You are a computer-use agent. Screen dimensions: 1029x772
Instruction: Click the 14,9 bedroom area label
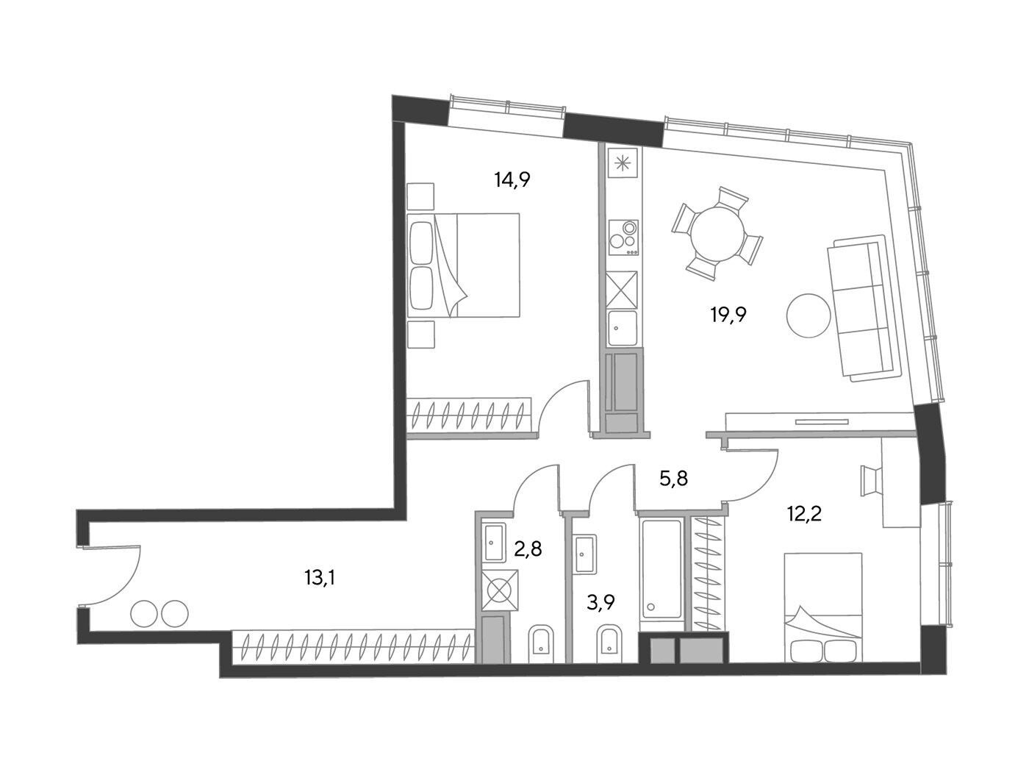tap(512, 179)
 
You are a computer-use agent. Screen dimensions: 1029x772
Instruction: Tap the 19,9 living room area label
tap(728, 315)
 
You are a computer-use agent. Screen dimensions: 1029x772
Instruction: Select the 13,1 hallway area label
tap(320, 578)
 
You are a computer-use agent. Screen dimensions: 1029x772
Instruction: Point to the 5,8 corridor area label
tap(673, 479)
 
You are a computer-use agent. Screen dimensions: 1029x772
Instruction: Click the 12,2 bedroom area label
tap(804, 515)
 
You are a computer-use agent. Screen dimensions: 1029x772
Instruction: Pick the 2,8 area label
tap(528, 549)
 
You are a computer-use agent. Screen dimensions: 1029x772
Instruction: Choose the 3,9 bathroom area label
tap(600, 601)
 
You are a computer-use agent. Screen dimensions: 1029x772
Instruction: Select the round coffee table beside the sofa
tap(808, 315)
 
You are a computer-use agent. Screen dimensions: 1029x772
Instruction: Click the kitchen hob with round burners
tap(623, 237)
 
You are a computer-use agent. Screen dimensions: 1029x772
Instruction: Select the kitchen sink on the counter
tap(622, 328)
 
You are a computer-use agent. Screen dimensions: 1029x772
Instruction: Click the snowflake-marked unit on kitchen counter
tap(622, 163)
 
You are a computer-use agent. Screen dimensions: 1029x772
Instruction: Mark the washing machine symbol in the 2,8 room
tap(501, 590)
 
